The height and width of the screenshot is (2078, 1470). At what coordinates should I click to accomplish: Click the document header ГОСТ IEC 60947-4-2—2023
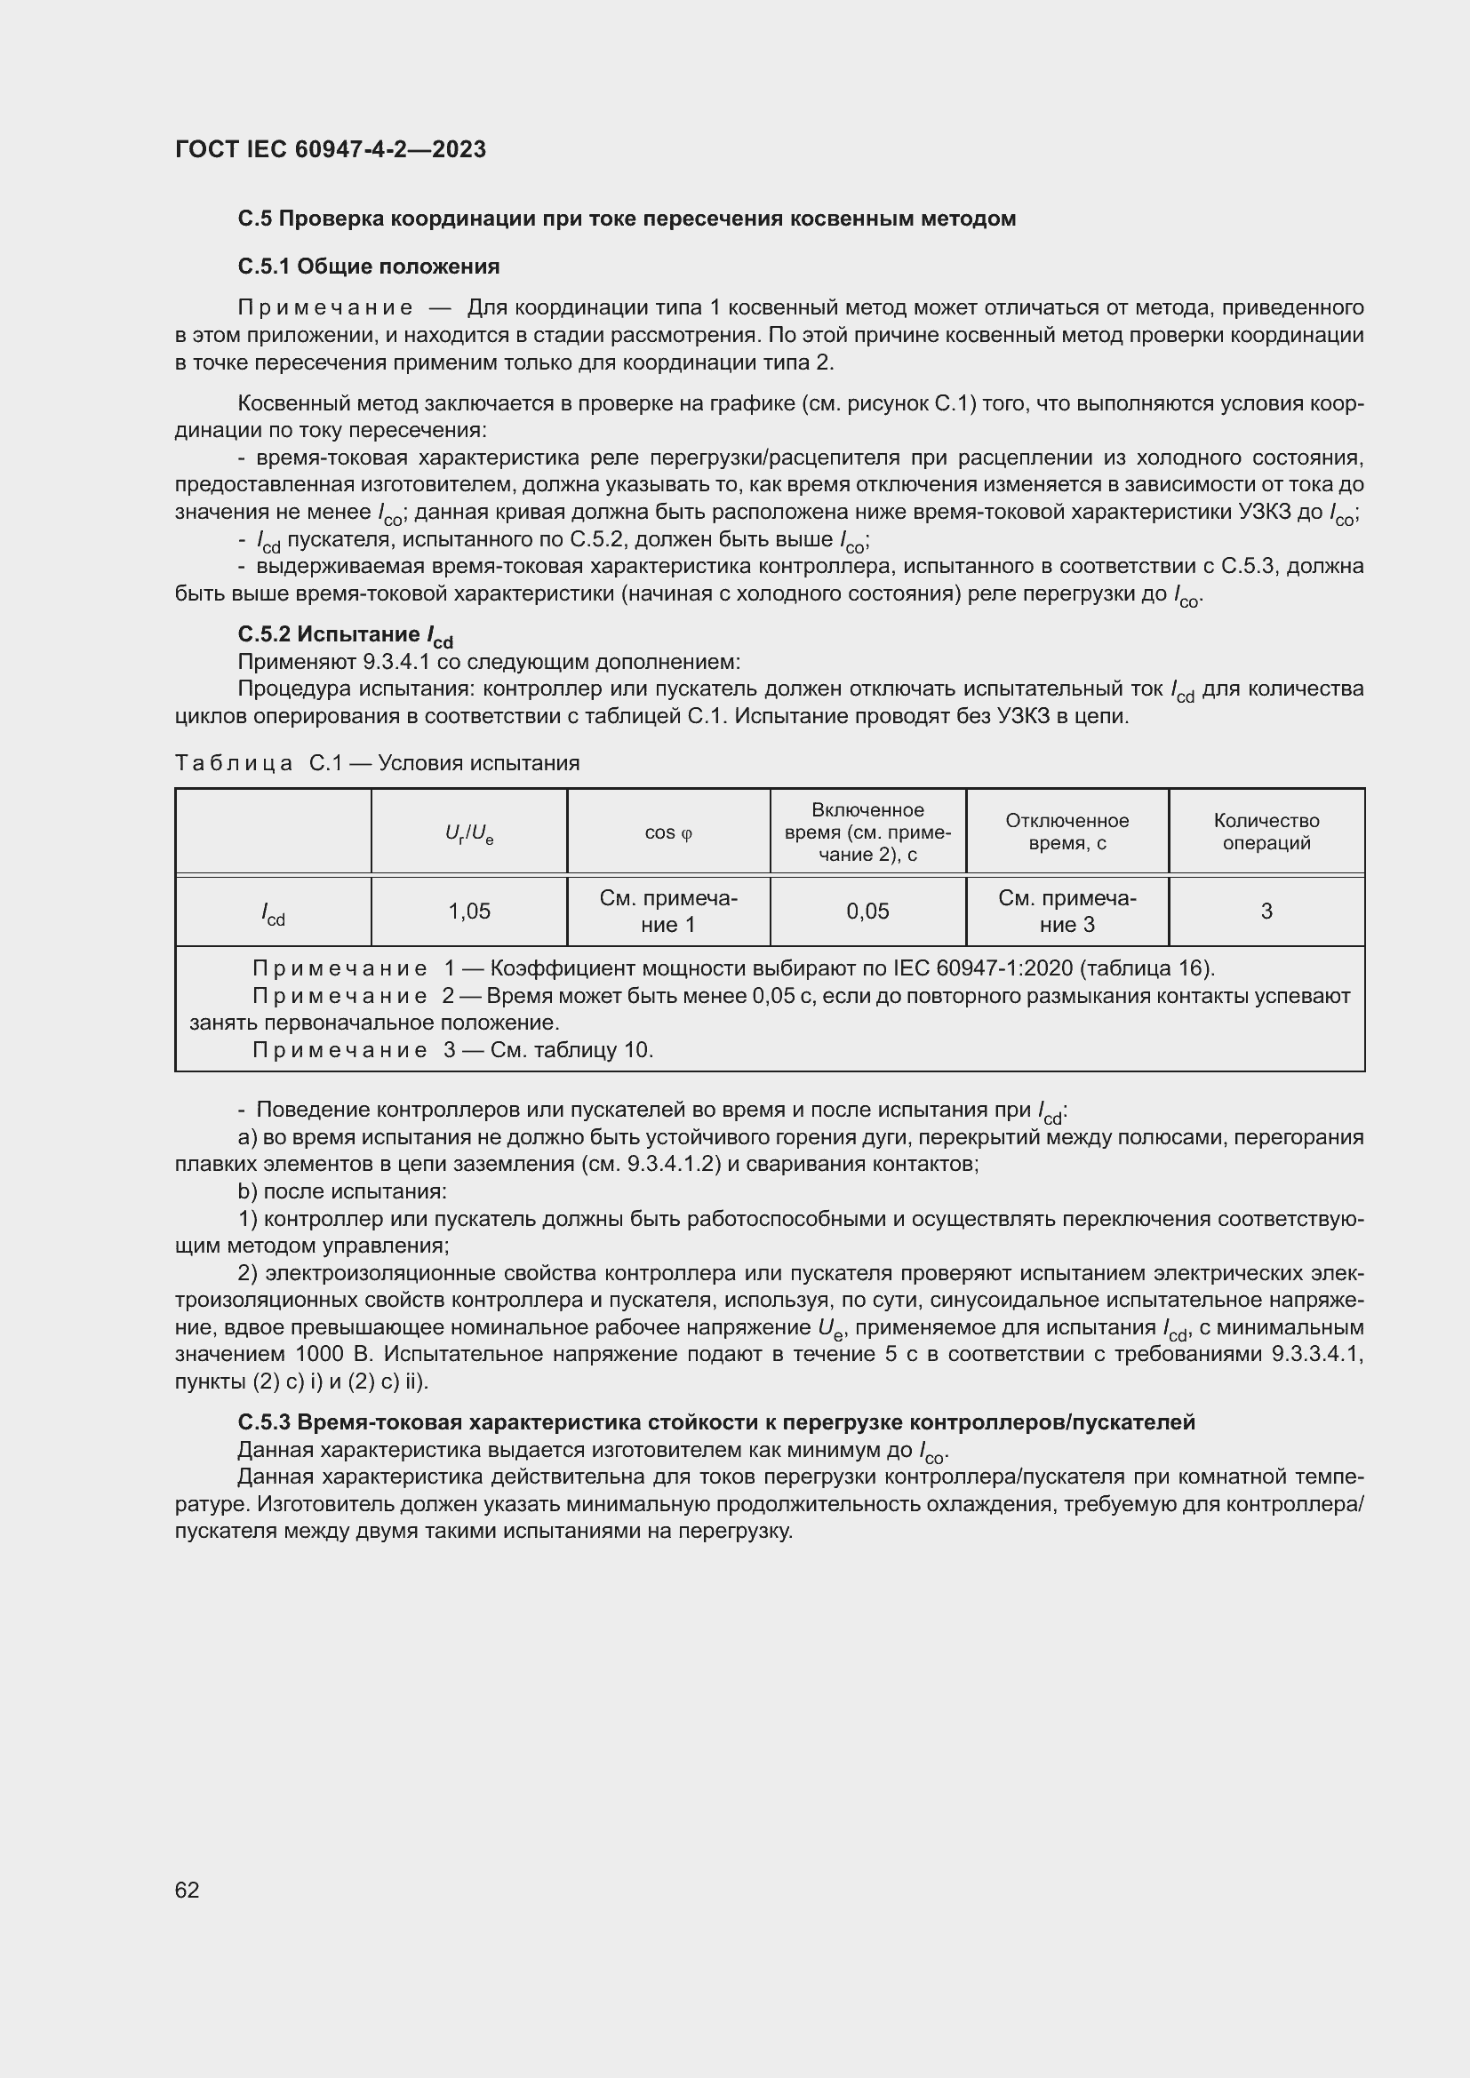331,149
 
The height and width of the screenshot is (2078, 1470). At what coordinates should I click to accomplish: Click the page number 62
188,1890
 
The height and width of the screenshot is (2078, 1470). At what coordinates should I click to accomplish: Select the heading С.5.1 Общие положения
369,267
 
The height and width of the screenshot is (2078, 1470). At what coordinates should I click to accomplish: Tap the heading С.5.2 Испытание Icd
345,635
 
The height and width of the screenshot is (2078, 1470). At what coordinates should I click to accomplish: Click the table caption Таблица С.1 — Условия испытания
377,763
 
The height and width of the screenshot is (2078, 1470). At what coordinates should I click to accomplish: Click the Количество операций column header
1266,832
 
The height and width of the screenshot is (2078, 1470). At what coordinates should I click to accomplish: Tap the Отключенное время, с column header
1067,832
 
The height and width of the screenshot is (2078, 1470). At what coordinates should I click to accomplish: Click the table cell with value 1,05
469,912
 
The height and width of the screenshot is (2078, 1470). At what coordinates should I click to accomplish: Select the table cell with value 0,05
867,912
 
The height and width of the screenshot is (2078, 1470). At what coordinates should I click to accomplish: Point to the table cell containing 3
1266,912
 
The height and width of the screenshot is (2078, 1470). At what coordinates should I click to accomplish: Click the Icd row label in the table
273,914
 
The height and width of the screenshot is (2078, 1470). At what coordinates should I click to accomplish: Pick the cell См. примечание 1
668,912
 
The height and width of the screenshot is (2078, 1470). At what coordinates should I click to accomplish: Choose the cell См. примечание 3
1067,912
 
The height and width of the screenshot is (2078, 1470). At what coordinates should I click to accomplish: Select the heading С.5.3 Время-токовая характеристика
715,1421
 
